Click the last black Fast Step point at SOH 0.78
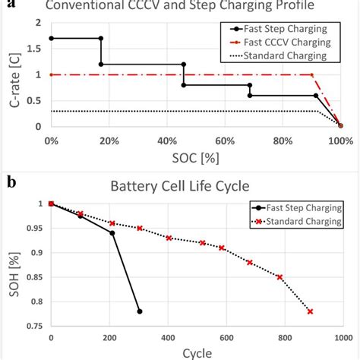[139, 311]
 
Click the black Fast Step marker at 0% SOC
[50, 38]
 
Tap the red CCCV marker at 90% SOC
[312, 74]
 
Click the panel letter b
[11, 182]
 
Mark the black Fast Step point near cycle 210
[112, 232]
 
